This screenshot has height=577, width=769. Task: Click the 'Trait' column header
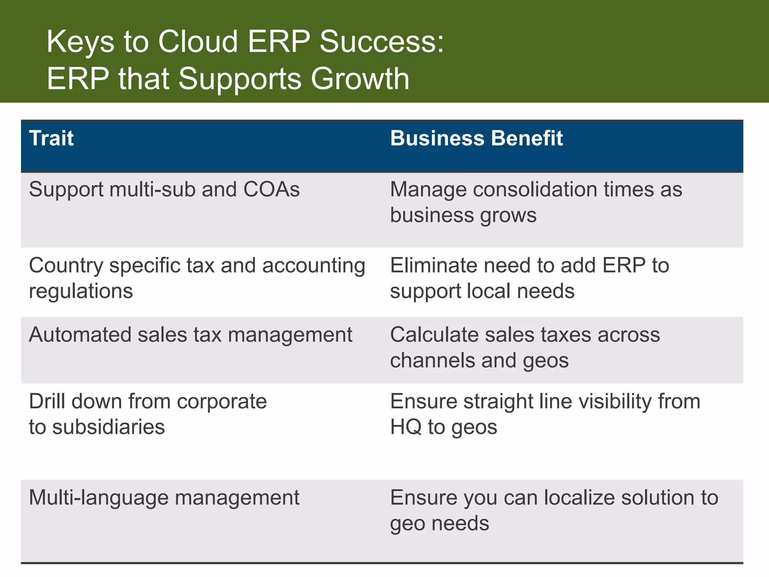pyautogui.click(x=51, y=138)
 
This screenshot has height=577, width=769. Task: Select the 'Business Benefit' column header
pyautogui.click(x=476, y=138)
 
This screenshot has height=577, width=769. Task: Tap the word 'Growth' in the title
pyautogui.click(x=360, y=79)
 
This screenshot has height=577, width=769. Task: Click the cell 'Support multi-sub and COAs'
pyautogui.click(x=164, y=189)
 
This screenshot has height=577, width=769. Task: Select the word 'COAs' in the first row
pyautogui.click(x=271, y=189)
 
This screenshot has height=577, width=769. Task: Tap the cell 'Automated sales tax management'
pyautogui.click(x=190, y=335)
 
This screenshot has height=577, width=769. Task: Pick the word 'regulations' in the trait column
pyautogui.click(x=81, y=291)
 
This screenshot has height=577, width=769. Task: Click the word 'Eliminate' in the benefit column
pyautogui.click(x=434, y=266)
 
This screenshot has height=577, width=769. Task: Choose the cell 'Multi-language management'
pyautogui.click(x=164, y=498)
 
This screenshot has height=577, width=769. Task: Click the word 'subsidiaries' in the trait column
pyautogui.click(x=108, y=427)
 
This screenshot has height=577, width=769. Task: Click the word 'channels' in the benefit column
pyautogui.click(x=432, y=361)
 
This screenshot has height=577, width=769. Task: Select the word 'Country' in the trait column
pyautogui.click(x=66, y=266)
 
